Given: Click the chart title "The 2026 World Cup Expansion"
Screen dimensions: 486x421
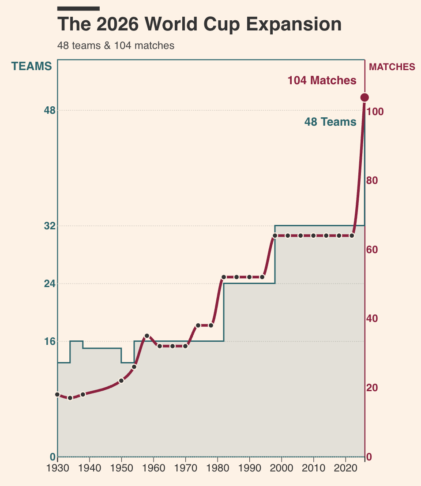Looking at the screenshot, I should [x=199, y=24].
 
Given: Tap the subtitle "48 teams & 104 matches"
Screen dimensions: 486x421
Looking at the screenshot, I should [x=116, y=45].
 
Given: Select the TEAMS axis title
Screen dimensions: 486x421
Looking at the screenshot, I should [x=31, y=66].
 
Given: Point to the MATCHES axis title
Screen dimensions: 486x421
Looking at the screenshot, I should [x=392, y=67].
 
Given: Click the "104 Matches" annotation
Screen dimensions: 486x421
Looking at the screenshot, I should [x=322, y=81].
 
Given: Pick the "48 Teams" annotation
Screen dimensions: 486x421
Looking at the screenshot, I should [x=330, y=122].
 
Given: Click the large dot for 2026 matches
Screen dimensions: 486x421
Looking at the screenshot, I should [x=365, y=97].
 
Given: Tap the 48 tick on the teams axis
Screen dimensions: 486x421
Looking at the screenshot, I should [x=49, y=110].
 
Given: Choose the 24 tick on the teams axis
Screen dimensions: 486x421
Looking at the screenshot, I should [x=49, y=284].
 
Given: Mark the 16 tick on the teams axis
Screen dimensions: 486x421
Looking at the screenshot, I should [x=49, y=341].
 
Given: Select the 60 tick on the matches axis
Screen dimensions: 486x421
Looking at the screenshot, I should [x=372, y=250].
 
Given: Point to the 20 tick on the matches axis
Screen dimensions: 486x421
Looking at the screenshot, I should [x=372, y=388].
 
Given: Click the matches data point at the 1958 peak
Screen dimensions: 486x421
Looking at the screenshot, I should [x=147, y=336].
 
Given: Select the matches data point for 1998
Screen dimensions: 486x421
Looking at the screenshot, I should [x=275, y=236].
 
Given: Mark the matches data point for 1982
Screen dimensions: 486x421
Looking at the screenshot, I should [x=224, y=277].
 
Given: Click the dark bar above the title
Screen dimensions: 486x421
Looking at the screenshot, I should [x=79, y=8].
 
